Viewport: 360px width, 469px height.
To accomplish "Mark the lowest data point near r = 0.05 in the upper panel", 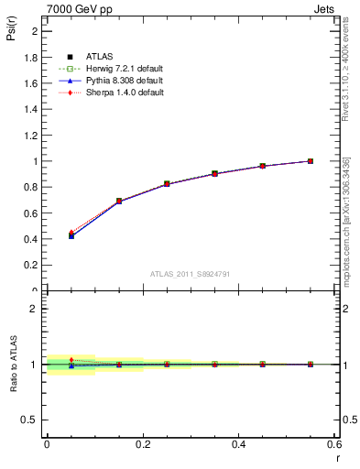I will point(71,235).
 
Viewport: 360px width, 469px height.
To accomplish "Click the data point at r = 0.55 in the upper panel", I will point(311,161).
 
